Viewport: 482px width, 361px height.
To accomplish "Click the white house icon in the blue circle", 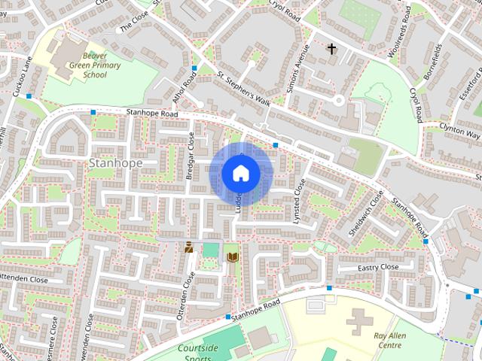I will (x=240, y=174).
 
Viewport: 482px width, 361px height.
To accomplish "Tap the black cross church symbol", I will (x=331, y=50).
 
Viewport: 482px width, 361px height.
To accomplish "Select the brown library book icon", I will (x=232, y=257).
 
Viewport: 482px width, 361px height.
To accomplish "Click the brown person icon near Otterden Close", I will (x=188, y=247).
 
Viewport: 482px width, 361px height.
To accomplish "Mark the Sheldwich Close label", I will (x=366, y=214).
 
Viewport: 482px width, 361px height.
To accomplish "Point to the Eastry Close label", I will (x=378, y=267).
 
